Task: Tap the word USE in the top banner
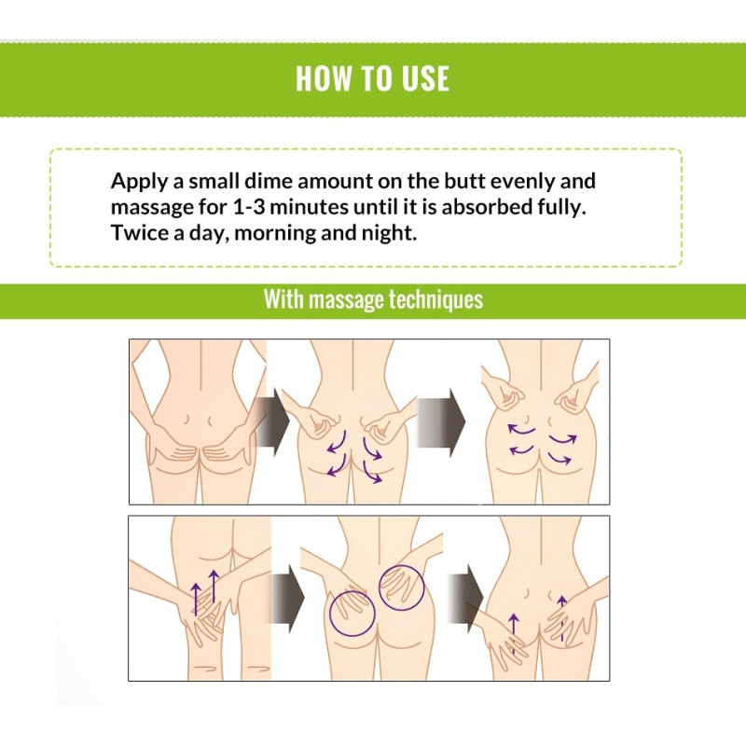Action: tap(426, 78)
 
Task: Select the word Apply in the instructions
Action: tap(139, 182)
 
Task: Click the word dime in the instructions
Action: tap(268, 181)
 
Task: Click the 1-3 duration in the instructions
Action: tap(249, 207)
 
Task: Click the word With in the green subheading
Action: tap(283, 299)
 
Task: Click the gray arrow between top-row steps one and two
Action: tap(271, 421)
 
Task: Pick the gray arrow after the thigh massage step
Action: tap(287, 599)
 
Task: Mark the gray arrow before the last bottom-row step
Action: tap(465, 599)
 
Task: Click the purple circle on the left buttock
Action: tap(352, 614)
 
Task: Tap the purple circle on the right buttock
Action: tap(402, 587)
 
